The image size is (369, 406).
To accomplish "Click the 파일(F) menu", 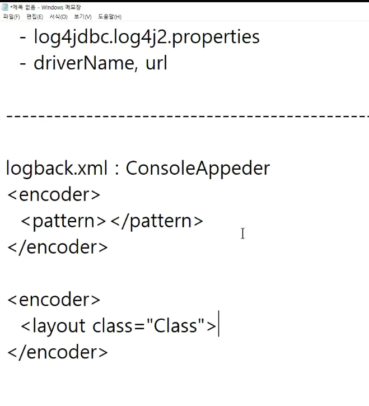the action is pyautogui.click(x=11, y=17).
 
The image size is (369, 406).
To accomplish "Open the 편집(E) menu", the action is pyautogui.click(x=35, y=17).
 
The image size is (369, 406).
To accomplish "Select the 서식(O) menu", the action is pyautogui.click(x=58, y=17).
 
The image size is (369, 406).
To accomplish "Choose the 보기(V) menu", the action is pyautogui.click(x=82, y=17).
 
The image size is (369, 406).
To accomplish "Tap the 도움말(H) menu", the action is pyautogui.click(x=110, y=17).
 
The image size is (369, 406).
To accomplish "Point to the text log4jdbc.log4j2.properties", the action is pyautogui.click(x=147, y=37).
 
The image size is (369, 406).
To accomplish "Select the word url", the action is pyautogui.click(x=156, y=63).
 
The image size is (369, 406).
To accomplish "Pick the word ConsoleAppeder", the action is pyautogui.click(x=198, y=168).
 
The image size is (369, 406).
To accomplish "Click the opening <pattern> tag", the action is pyautogui.click(x=63, y=221).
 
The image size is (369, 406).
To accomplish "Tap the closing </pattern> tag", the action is pyautogui.click(x=157, y=221).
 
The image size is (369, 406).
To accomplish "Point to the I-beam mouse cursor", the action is pyautogui.click(x=242, y=234).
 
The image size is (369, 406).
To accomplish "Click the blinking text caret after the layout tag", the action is pyautogui.click(x=219, y=325).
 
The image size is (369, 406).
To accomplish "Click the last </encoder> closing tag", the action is pyautogui.click(x=58, y=352).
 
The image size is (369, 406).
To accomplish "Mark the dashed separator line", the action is pyautogui.click(x=185, y=116).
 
